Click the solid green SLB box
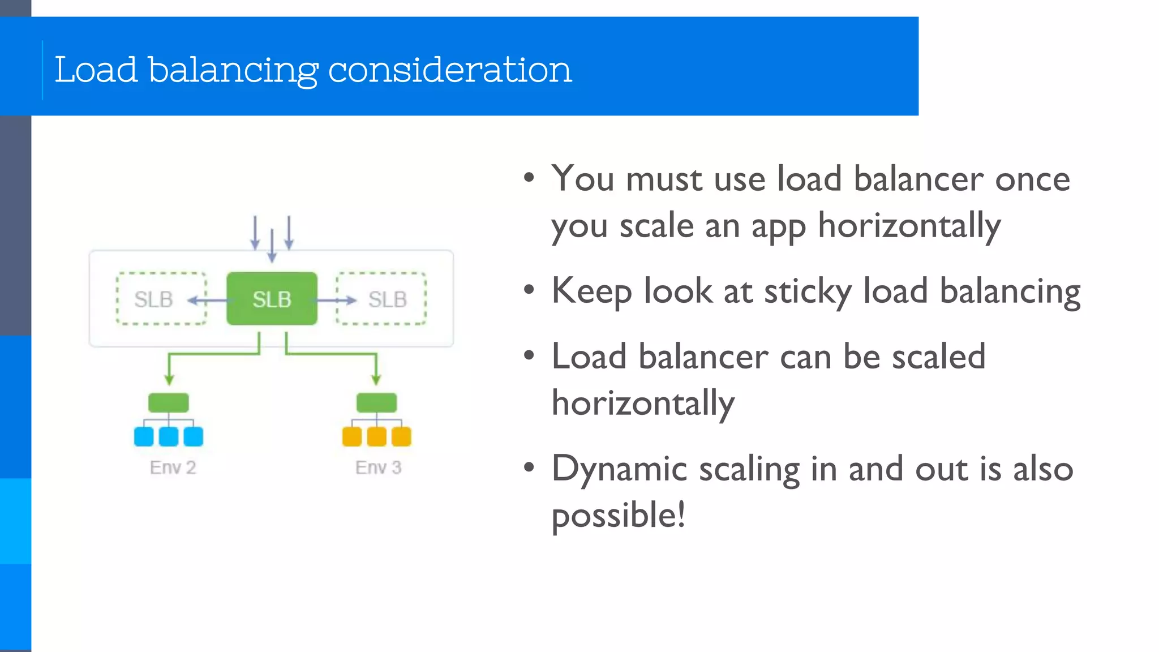click(272, 299)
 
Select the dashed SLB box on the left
click(161, 299)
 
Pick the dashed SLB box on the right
click(381, 299)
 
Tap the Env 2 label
click(173, 467)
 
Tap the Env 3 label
click(378, 467)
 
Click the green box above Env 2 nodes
click(168, 402)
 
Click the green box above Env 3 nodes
click(376, 402)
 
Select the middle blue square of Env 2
click(169, 436)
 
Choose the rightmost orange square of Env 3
click(401, 436)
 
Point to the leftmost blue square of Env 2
click(144, 436)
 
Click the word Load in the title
click(96, 70)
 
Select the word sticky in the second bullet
click(808, 292)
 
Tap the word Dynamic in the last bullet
click(619, 469)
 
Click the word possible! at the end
click(618, 516)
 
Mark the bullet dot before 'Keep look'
click(529, 290)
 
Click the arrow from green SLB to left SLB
click(207, 300)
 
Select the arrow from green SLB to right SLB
click(337, 300)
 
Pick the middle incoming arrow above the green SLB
click(272, 245)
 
